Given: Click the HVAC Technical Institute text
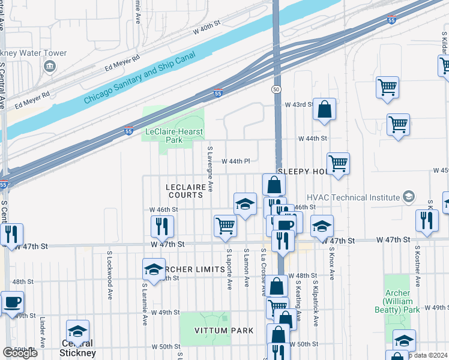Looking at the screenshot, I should coord(353,197).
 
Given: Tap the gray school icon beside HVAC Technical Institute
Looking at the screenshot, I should coord(408,197).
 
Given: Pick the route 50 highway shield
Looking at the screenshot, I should coord(276,89).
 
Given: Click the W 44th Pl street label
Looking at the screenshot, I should coord(235,161).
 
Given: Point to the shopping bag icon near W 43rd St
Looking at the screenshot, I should coord(324,109).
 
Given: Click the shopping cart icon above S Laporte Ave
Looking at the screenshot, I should coord(225,226).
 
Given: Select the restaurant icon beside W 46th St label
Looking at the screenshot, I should coord(161,226).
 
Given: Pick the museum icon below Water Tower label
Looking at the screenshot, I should coord(49,66).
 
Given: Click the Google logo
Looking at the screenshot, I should coord(20,353).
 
